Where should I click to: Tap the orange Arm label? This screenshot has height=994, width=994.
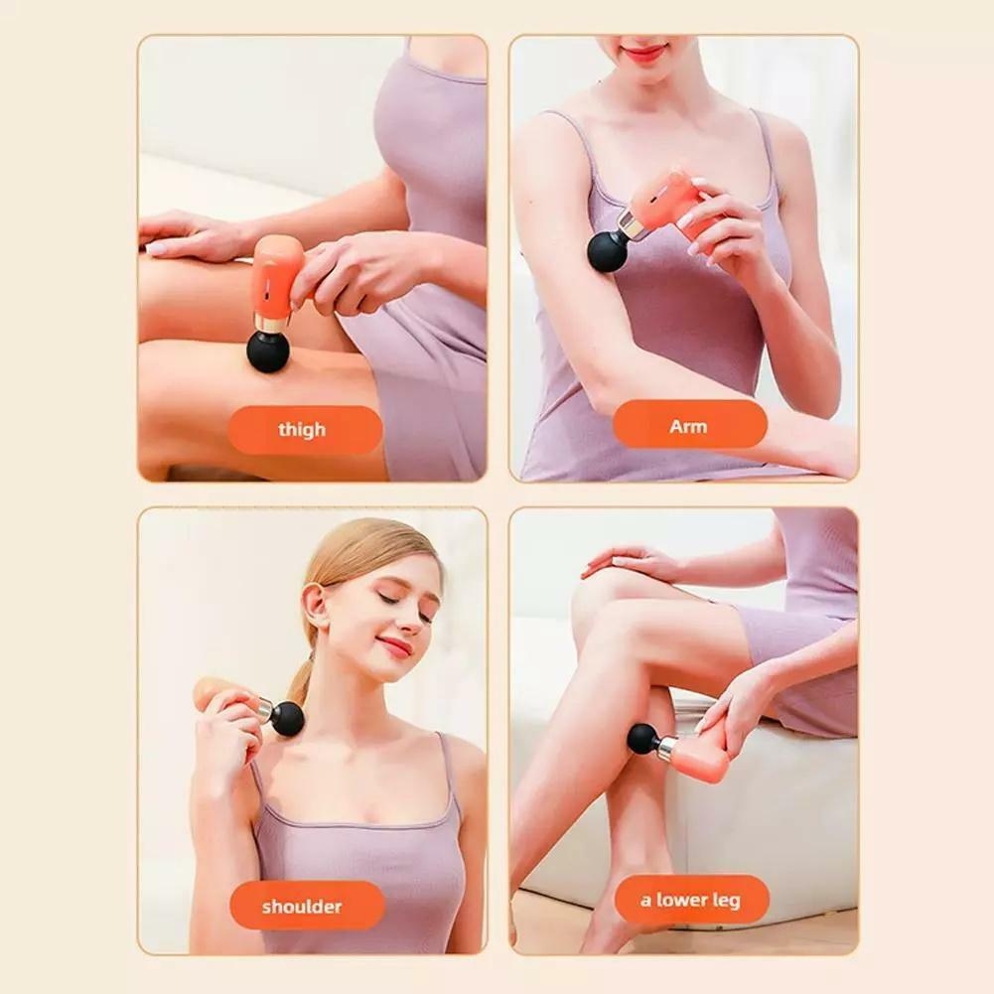coord(689,426)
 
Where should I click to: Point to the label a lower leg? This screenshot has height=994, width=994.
coord(691,900)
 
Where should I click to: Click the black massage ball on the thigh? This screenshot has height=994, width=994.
coord(268,352)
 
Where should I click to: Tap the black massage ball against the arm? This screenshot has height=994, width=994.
coord(608,250)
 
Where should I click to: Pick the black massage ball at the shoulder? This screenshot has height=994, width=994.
coord(288,718)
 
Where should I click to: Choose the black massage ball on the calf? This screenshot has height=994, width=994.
coord(642,738)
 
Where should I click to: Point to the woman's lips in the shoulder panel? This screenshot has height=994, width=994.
coord(395,646)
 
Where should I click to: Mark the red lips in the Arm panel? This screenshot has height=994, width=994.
coord(644,52)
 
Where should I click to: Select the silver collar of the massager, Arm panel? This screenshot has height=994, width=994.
coord(633,227)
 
